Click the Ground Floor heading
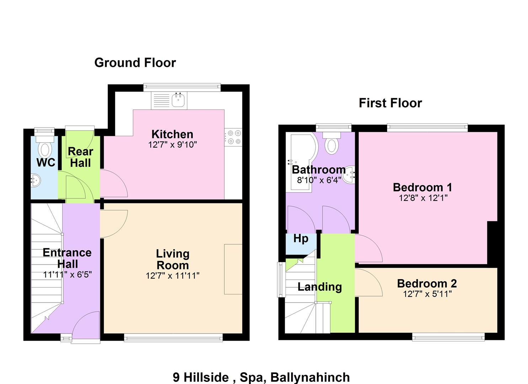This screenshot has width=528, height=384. point(135,63)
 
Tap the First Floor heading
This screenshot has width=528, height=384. point(390,103)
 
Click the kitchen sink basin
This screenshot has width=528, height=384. point(178,100)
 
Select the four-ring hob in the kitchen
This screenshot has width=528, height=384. point(233,137)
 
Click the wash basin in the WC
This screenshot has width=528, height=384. point(36,180)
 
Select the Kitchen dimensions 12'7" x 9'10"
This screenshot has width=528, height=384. point(172,144)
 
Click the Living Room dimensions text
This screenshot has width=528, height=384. point(172,276)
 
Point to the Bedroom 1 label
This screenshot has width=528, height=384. point(422,187)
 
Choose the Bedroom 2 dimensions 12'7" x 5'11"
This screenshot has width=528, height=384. point(427,294)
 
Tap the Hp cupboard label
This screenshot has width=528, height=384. point(301,239)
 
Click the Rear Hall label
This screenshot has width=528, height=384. point(80,157)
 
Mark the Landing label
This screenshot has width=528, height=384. point(320,287)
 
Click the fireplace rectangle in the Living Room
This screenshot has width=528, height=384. point(233,269)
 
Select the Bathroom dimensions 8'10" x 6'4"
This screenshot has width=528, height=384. point(319,180)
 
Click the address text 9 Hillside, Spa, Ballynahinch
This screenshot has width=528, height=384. point(261,377)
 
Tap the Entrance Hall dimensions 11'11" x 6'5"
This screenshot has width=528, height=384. point(68,274)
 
